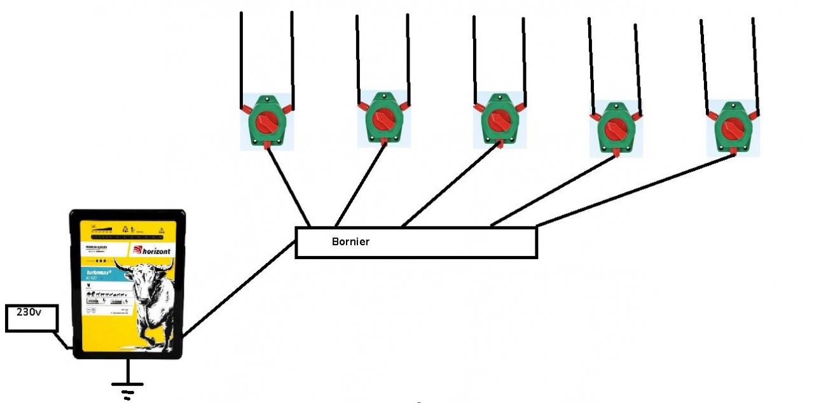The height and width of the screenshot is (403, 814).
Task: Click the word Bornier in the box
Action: point(350,242)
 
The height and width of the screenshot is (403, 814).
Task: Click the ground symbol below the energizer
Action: point(128,385)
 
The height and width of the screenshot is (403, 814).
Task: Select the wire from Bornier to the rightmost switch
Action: point(636,190)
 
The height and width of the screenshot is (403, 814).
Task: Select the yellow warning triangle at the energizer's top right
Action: point(162,229)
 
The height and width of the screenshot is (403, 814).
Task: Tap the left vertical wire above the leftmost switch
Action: point(241,57)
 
